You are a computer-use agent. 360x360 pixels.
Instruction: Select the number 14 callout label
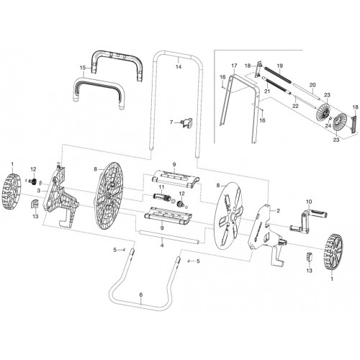[x=179, y=67]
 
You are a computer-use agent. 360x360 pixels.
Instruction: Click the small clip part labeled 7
[x=186, y=122]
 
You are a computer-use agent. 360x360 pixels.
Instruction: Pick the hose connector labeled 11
[x=161, y=198]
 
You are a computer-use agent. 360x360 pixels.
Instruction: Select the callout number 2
[x=278, y=211]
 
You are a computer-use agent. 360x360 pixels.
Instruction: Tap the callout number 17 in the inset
[x=234, y=66]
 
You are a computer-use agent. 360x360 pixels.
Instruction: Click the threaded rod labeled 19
[x=278, y=75]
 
